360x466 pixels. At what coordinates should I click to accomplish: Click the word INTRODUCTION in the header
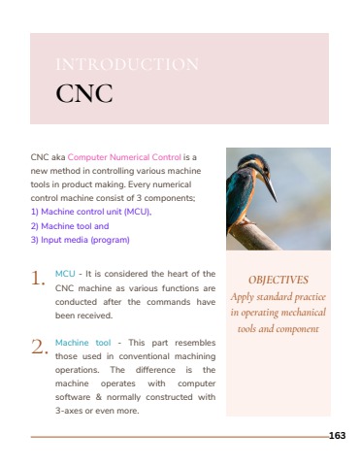pos(128,65)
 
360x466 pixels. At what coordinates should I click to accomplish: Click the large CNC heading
pos(84,94)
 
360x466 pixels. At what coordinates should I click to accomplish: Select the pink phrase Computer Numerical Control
pos(124,156)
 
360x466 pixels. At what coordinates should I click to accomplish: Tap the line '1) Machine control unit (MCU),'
pos(91,211)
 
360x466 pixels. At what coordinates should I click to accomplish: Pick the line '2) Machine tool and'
pos(70,225)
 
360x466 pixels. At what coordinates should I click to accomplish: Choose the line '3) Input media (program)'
pos(80,239)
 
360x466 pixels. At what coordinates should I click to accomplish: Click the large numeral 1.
pos(38,279)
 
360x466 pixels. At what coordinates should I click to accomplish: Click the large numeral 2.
pos(39,347)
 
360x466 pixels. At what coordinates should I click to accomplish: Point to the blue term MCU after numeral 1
pos(65,274)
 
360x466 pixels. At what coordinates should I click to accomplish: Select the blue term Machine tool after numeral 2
pos(83,342)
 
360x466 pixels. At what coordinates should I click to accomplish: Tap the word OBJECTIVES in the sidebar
pos(278,279)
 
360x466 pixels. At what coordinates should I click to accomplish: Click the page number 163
pos(337,436)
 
